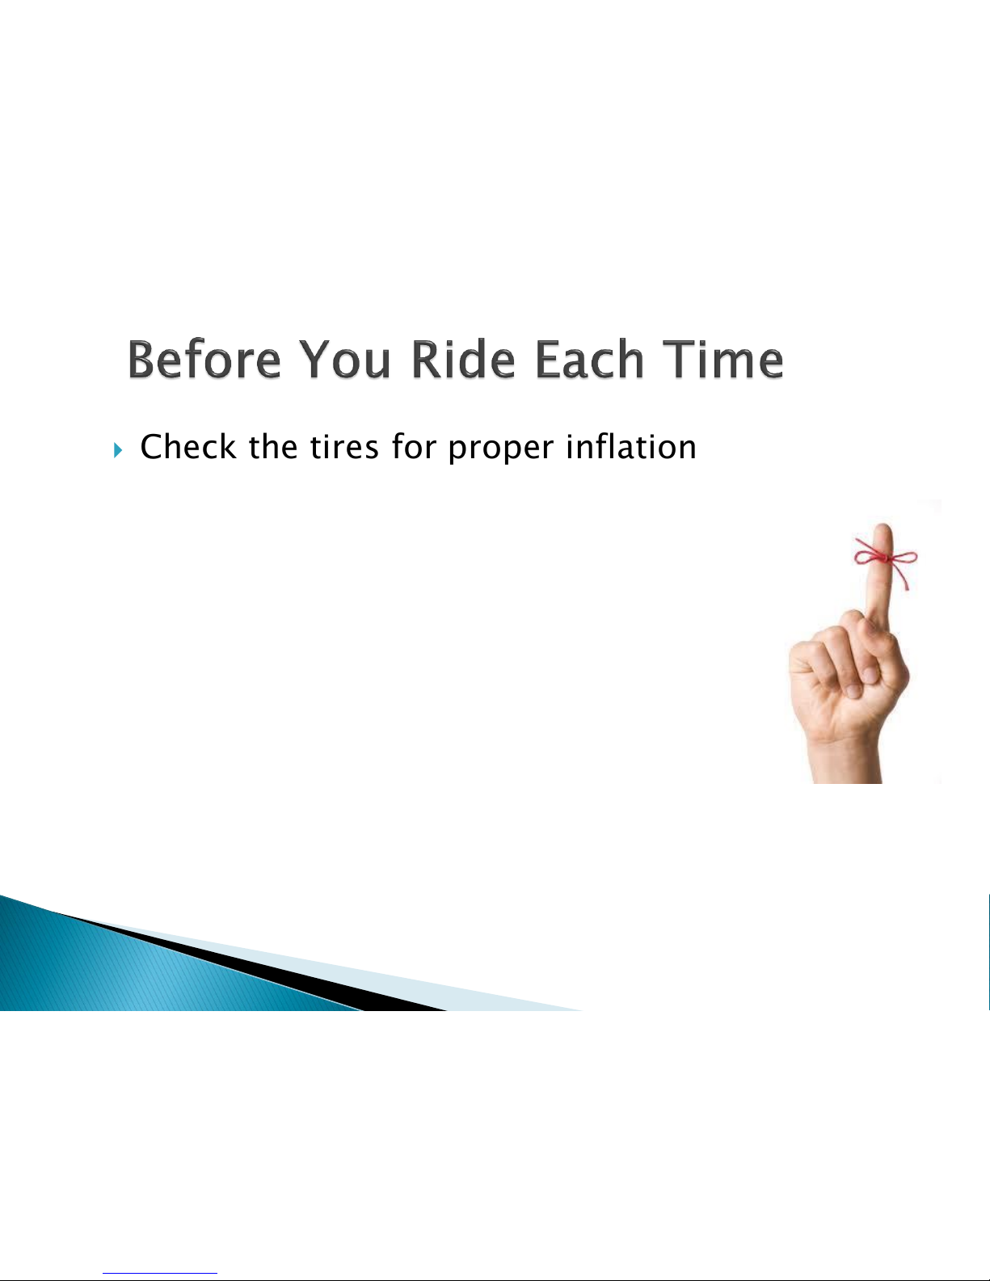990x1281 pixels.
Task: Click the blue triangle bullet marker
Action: (118, 451)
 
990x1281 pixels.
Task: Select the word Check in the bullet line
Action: (188, 446)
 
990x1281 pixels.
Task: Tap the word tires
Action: (344, 446)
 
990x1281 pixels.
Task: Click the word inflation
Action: (631, 446)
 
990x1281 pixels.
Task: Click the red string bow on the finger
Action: (887, 560)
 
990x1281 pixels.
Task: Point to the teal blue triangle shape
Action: (136, 967)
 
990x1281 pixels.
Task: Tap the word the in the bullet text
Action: (273, 446)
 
